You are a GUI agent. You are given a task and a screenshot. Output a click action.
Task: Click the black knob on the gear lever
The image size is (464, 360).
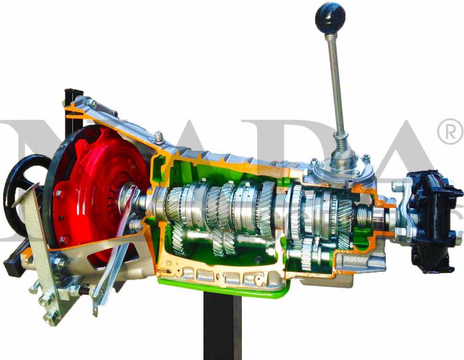pyautogui.click(x=329, y=17)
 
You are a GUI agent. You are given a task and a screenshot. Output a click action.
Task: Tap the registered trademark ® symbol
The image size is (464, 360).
pyautogui.click(x=450, y=133)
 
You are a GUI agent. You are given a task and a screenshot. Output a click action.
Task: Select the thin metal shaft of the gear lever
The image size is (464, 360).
pyautogui.click(x=336, y=80)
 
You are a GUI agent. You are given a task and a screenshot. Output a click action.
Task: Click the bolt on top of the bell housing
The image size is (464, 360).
pyautogui.click(x=159, y=138)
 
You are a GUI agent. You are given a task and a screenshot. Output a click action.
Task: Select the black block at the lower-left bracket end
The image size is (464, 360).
pyautogui.click(x=13, y=266)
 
